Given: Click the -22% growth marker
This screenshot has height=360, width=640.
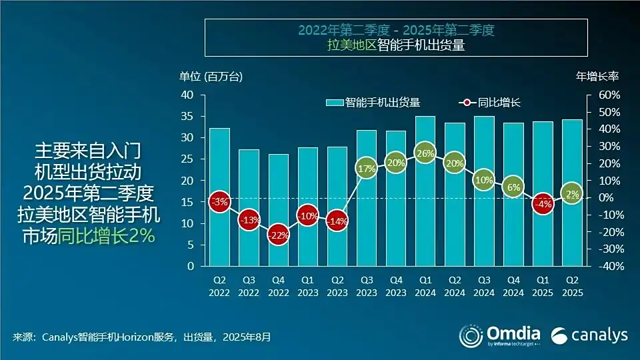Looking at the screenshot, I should click(x=278, y=235).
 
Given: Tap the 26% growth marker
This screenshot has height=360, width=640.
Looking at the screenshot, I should click(x=425, y=153).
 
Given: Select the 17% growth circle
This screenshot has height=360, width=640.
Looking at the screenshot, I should click(x=366, y=169).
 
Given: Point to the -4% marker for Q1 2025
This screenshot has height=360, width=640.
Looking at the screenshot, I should click(x=543, y=205).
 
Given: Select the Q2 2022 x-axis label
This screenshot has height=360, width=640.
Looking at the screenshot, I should click(x=219, y=285).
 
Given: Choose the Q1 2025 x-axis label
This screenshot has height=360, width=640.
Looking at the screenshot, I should click(x=543, y=285).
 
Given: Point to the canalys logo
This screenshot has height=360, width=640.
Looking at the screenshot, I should click(x=589, y=335).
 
